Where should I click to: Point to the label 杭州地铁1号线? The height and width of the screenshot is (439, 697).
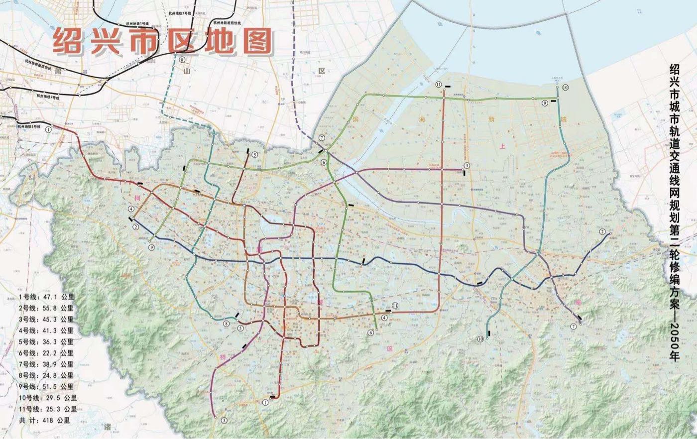click(x=137, y=23)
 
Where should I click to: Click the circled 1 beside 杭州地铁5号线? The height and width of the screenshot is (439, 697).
click(x=48, y=128)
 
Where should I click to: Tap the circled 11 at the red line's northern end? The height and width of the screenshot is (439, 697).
click(x=439, y=85)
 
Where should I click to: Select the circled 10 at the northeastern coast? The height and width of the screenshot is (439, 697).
click(x=565, y=88)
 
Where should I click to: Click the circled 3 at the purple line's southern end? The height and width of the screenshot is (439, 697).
click(x=224, y=421)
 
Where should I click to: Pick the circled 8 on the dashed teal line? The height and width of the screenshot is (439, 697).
click(x=182, y=59)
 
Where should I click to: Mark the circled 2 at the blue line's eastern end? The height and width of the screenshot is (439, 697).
click(x=602, y=232)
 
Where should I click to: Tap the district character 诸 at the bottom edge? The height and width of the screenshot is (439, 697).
click(x=108, y=427)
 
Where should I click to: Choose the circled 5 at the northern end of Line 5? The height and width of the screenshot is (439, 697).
click(x=254, y=155)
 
